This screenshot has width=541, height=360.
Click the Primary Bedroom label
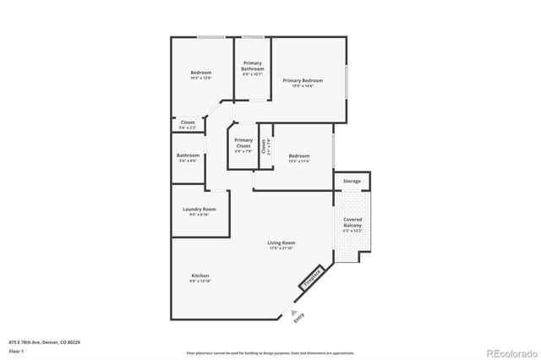click(x=303, y=79)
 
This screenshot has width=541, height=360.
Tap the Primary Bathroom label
click(x=253, y=66)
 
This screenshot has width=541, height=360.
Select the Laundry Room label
click(x=199, y=209)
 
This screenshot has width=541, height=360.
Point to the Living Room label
click(x=281, y=243)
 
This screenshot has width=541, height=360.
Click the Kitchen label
click(x=200, y=276)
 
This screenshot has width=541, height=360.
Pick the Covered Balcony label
click(x=352, y=222)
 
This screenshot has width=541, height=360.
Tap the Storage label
click(x=352, y=182)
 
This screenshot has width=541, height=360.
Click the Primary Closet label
click(x=243, y=143)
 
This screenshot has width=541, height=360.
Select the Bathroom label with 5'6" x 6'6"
click(x=188, y=155)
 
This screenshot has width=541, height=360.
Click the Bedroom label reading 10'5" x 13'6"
click(x=200, y=73)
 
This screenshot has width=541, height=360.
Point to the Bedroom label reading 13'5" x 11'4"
click(x=299, y=155)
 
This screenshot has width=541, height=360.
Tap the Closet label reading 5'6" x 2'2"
click(x=188, y=123)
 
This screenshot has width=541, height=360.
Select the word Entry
click(x=298, y=318)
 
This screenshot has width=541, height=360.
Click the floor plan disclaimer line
click(x=270, y=352)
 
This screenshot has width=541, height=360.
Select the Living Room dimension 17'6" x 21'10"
click(x=281, y=248)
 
